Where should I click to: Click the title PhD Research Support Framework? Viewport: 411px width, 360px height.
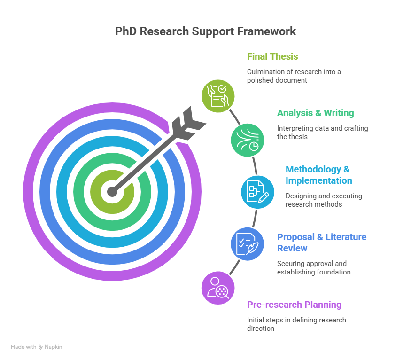point(206,31)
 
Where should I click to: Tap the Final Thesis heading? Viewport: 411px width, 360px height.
point(272,57)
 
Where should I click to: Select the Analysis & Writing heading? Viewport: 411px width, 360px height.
point(315,113)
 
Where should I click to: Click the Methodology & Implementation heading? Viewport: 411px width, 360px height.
point(319,175)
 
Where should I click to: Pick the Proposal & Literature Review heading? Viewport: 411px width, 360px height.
point(322,243)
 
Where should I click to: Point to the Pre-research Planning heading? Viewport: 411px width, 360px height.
point(294,305)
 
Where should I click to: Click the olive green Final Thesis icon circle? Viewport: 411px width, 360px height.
point(218,96)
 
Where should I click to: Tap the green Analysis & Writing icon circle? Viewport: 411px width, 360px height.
point(247,140)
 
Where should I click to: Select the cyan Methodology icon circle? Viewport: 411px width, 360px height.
point(258,192)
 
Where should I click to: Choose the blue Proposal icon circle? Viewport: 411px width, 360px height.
point(247,244)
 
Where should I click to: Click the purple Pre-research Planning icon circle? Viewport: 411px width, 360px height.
point(218,288)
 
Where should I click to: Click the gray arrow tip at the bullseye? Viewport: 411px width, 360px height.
point(112,192)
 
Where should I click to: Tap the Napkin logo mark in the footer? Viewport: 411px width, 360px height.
point(40,347)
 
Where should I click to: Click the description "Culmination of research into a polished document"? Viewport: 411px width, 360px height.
point(294,76)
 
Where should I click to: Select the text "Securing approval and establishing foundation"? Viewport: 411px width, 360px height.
point(314,268)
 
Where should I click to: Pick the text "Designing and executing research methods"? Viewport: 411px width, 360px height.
point(324,200)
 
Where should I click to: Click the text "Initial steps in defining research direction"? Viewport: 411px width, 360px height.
point(296,324)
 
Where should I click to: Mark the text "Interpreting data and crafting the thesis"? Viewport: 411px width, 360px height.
point(322,133)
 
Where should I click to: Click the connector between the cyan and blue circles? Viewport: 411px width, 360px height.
point(255,219)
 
